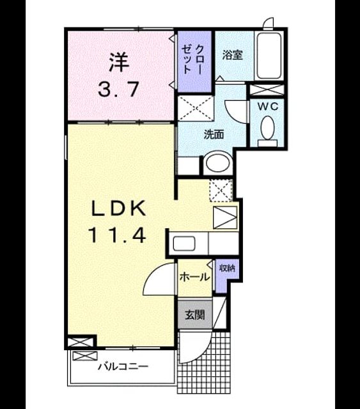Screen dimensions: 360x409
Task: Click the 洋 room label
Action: [x=119, y=63]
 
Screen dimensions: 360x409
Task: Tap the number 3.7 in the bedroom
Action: [x=118, y=89]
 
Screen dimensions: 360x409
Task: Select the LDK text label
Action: [x=118, y=208]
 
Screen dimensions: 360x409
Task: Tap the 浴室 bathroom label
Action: [x=232, y=55]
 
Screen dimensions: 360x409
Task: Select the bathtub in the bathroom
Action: [x=269, y=56]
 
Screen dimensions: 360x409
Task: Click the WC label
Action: [x=268, y=107]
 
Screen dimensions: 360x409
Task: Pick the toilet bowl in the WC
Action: [x=267, y=128]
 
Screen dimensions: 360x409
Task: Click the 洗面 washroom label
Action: [x=214, y=134]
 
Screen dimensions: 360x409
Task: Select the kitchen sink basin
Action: [x=184, y=243]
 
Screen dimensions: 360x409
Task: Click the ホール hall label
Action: [x=195, y=277]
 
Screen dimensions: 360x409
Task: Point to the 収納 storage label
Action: [x=227, y=268]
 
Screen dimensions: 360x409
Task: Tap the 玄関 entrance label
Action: [x=195, y=315]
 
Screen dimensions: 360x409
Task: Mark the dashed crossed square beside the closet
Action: [x=195, y=109]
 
